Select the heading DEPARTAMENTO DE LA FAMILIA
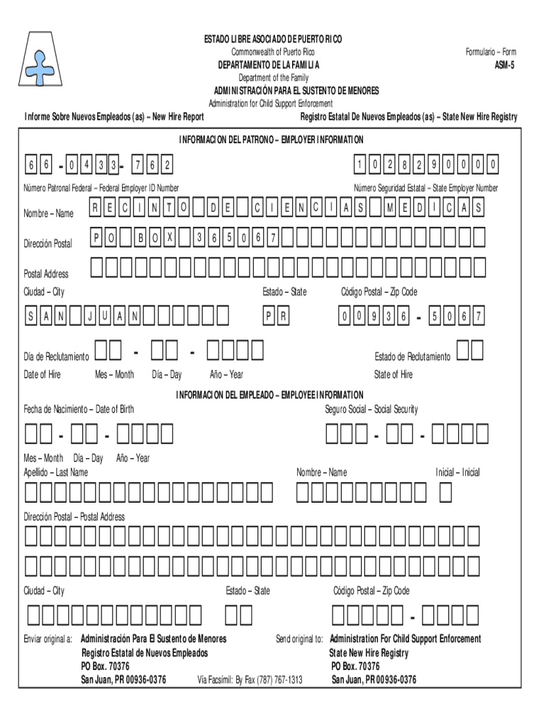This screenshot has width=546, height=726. (x=268, y=65)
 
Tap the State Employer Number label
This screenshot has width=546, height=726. (x=426, y=188)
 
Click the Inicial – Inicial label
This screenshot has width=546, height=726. (x=457, y=472)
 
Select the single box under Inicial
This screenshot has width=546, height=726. (x=445, y=491)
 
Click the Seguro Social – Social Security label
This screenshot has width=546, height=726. (x=372, y=409)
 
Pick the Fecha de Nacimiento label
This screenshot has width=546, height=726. (x=79, y=409)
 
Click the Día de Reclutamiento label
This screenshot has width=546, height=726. (x=57, y=356)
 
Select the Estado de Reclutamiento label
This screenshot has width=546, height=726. (x=412, y=356)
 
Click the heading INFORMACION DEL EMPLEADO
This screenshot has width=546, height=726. (x=269, y=394)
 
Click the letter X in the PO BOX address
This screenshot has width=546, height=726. (x=169, y=239)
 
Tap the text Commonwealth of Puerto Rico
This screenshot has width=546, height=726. (x=273, y=52)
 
